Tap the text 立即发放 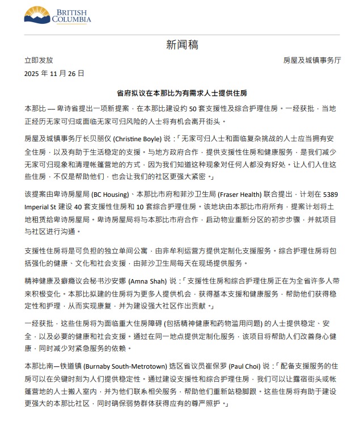tap(39, 60)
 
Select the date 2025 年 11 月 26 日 tap(54, 73)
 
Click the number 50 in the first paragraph tap(193, 108)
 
